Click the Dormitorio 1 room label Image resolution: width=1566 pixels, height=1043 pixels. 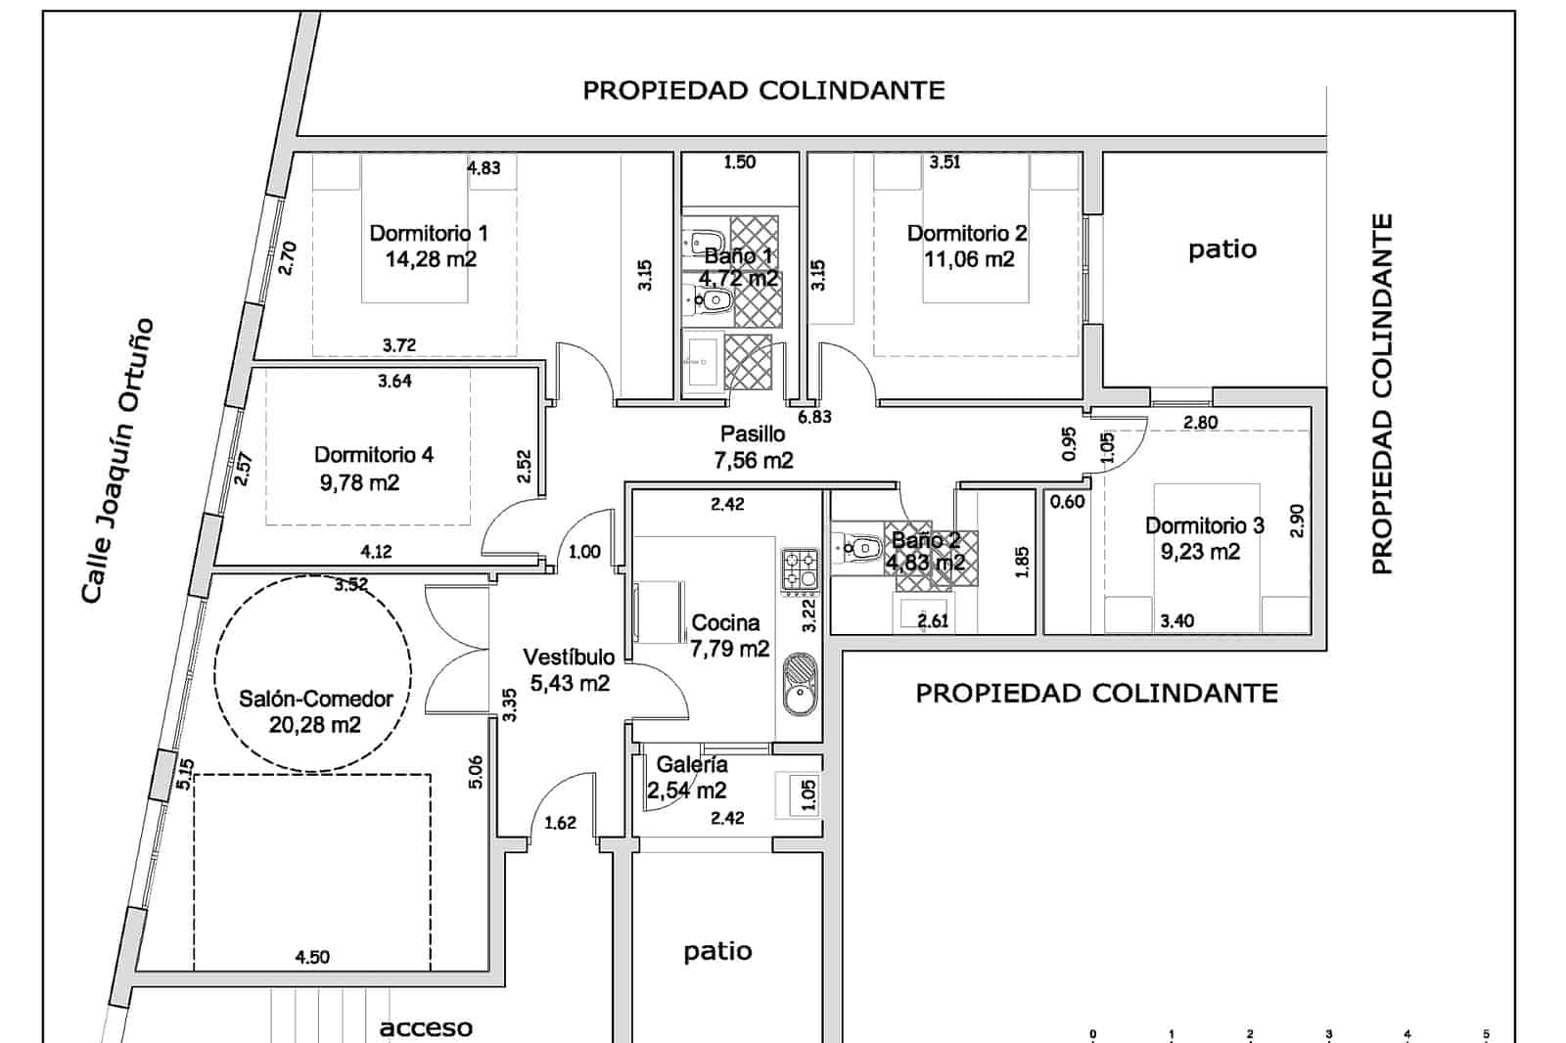[429, 233]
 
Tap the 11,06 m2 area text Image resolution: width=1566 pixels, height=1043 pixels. [969, 259]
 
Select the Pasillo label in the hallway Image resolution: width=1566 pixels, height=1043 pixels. [753, 434]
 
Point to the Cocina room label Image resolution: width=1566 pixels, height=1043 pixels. [725, 623]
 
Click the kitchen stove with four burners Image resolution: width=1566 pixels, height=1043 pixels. [800, 569]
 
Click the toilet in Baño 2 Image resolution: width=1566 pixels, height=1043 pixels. [857, 547]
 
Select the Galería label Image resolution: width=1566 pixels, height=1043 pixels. [691, 765]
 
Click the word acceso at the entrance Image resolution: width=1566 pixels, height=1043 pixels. [426, 1027]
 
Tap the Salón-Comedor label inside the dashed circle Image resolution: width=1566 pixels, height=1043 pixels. [316, 699]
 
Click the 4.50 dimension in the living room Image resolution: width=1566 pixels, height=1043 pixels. [312, 957]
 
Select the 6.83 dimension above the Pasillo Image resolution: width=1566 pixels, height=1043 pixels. [814, 417]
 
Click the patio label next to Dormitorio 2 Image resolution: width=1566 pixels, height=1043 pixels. [1222, 249]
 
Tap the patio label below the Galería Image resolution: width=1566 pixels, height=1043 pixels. [717, 951]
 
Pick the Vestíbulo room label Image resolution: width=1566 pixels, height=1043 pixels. [569, 658]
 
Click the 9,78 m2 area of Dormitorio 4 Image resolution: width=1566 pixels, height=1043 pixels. [359, 483]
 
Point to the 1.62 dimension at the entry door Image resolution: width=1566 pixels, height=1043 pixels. [560, 823]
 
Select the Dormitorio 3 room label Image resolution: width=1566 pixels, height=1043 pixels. [1205, 525]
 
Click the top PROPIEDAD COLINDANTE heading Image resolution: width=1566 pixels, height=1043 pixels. [763, 90]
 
